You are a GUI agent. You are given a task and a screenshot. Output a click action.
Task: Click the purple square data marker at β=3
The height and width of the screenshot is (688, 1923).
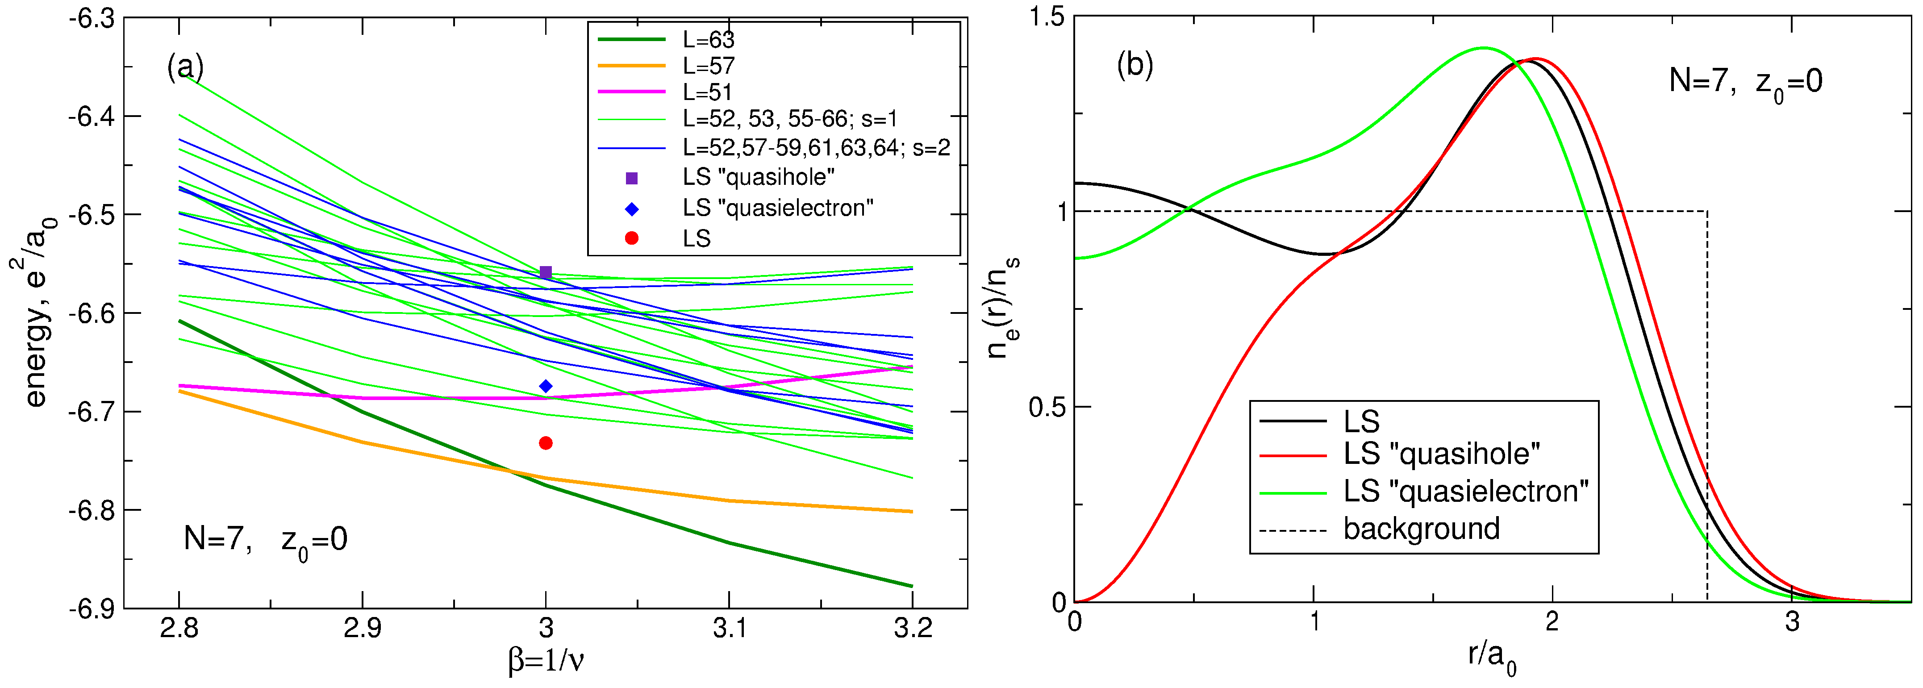[546, 272]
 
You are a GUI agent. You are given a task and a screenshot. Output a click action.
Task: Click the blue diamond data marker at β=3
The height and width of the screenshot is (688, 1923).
[546, 386]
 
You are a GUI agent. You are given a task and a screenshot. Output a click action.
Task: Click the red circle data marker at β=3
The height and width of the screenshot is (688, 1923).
[546, 443]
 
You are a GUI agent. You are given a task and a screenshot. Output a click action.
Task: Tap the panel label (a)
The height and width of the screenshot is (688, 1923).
[185, 67]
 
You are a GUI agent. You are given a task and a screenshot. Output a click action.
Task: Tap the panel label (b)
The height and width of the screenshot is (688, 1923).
[1135, 66]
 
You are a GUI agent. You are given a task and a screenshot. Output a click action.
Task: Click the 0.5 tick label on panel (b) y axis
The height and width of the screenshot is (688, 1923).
[1047, 408]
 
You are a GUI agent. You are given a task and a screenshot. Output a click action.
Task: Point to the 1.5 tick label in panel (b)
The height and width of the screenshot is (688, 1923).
[1047, 17]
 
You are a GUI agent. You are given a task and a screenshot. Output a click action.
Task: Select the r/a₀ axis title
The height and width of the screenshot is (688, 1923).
[1492, 657]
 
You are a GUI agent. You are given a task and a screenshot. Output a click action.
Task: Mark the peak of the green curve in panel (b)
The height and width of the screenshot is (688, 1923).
[1483, 48]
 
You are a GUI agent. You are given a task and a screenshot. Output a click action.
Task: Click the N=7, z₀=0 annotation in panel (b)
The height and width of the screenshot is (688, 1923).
[1745, 81]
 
